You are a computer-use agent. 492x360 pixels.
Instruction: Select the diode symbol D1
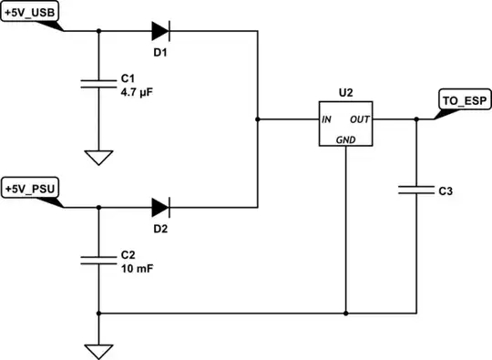[x=161, y=31]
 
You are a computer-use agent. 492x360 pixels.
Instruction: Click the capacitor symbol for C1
[x=98, y=83]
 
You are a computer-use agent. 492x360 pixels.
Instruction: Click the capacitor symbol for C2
[x=98, y=261]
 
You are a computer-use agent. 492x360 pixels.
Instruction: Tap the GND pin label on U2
[x=346, y=140]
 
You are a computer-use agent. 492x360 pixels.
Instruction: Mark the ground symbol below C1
[x=98, y=158]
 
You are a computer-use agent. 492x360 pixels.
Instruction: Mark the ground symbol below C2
[x=98, y=350]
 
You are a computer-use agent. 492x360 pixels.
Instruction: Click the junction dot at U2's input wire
[x=259, y=119]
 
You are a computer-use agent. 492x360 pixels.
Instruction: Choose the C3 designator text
[x=446, y=192]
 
